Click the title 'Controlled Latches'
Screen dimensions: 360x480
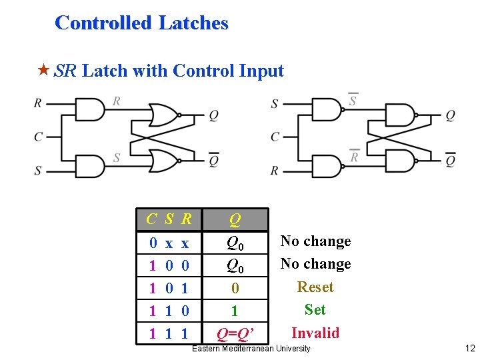141,23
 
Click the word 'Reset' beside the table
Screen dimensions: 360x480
315,287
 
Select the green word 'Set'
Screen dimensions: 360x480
315,310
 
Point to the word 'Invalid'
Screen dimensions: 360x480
315,333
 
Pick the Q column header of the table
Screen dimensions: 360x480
235,219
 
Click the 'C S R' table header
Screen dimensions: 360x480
169,219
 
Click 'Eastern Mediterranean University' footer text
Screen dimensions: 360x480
251,349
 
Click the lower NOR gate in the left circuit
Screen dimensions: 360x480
164,160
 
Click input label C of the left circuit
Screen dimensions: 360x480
38,137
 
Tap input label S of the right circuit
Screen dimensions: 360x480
274,104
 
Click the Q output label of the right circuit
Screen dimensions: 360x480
450,115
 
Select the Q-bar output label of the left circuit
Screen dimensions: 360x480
213,160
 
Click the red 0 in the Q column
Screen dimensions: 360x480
235,289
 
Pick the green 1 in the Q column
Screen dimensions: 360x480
235,311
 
